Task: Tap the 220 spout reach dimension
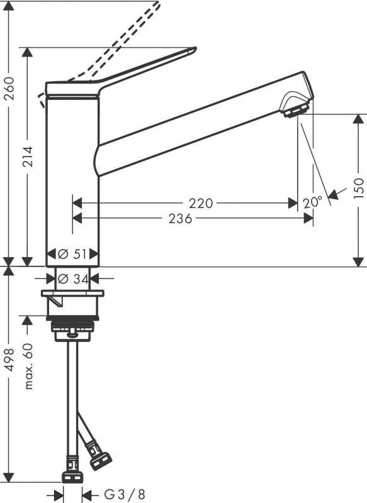[201, 202]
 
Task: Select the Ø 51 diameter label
[72, 254]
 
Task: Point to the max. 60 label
[28, 366]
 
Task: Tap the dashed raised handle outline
[126, 38]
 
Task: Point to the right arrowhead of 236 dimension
[309, 218]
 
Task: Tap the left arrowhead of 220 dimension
[77, 203]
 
